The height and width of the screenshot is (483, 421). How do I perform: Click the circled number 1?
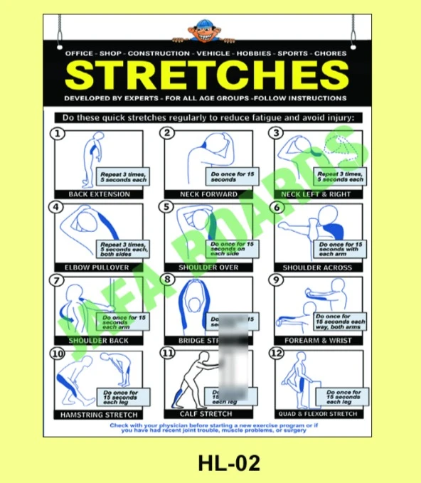(x=58, y=133)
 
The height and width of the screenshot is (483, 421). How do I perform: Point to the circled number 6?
(x=278, y=207)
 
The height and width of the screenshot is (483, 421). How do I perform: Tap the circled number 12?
(x=278, y=353)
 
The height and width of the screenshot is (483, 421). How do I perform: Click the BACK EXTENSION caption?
(x=99, y=193)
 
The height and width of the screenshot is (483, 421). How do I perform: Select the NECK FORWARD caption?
(x=209, y=193)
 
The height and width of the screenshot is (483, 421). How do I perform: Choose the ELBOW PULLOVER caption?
(x=99, y=267)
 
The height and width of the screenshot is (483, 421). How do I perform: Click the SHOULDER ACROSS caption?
(x=317, y=267)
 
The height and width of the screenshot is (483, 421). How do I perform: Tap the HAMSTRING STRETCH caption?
(x=99, y=414)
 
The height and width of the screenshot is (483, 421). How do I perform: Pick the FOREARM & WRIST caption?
(x=317, y=340)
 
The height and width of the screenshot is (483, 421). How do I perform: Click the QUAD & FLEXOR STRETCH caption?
(x=317, y=414)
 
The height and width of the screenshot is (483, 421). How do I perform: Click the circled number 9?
(x=278, y=280)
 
